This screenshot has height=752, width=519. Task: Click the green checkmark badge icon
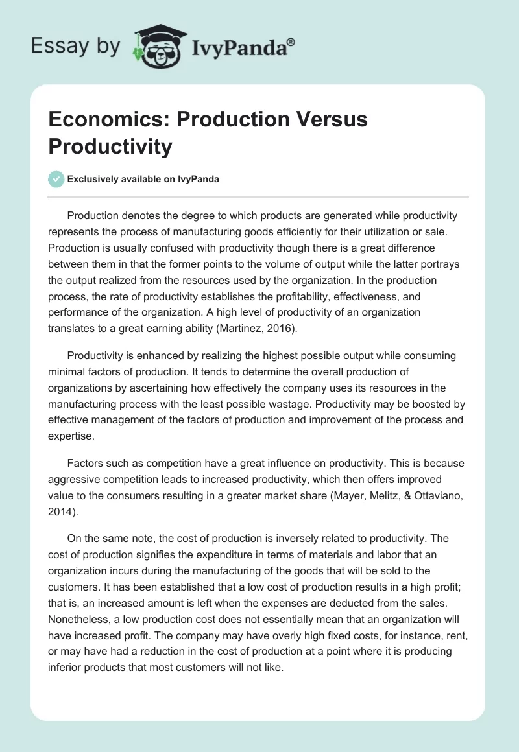click(x=56, y=179)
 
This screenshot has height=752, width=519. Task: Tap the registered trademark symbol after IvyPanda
click(x=291, y=43)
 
